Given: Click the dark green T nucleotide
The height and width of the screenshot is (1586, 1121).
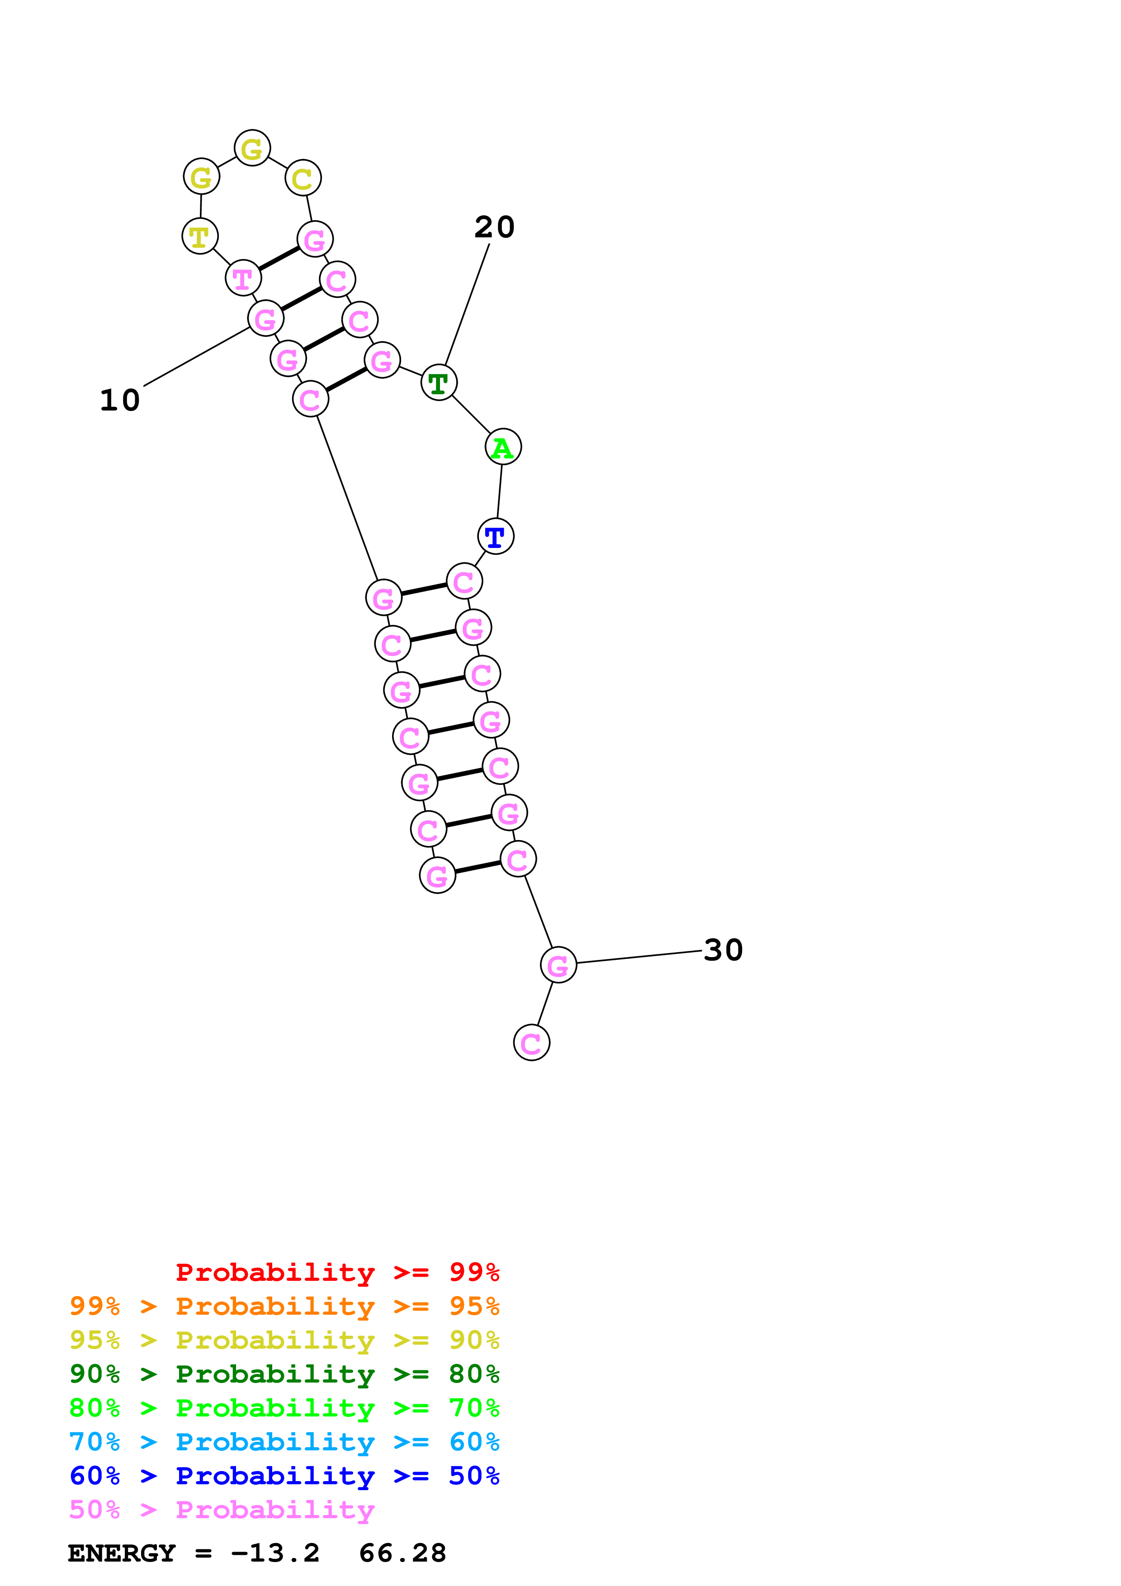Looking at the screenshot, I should click(x=439, y=382).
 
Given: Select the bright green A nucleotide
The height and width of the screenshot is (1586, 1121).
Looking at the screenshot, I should click(x=503, y=447).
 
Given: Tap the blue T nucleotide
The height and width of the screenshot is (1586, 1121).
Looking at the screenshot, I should click(x=495, y=536).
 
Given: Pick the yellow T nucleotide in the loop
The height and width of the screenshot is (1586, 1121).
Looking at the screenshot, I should click(x=199, y=236).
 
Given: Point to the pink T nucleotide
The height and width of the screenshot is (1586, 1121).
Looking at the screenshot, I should click(x=243, y=278).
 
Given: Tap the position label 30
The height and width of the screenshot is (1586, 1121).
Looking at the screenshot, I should click(x=723, y=950).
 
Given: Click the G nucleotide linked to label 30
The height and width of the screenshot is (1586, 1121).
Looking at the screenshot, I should click(x=558, y=965).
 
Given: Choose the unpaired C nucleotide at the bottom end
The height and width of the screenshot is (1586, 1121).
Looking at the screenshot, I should click(x=531, y=1043).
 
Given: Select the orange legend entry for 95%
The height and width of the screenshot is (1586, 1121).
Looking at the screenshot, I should click(x=284, y=1306).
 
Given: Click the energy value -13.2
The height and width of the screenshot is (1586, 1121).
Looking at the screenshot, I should click(x=275, y=1553).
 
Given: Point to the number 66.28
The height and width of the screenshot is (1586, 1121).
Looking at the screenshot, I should click(x=402, y=1553).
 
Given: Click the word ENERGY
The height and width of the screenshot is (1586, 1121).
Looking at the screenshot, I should click(x=122, y=1553).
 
